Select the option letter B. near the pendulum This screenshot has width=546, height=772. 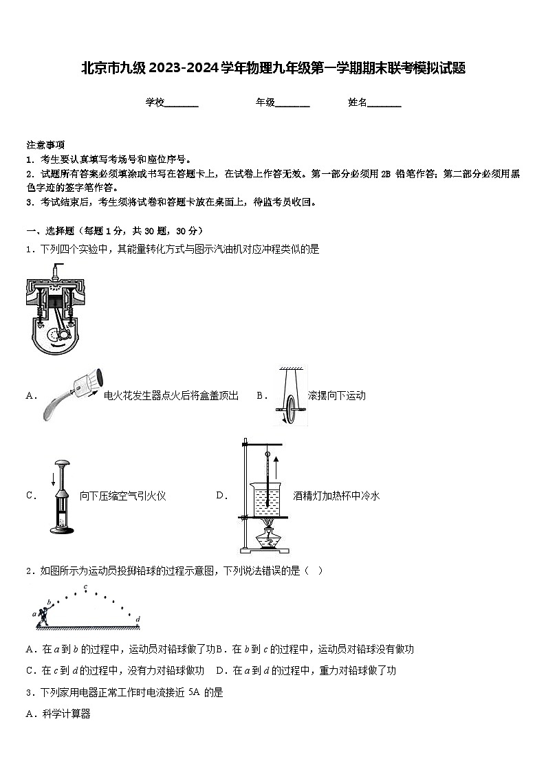coord(261,395)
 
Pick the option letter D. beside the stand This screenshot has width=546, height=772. coord(221,496)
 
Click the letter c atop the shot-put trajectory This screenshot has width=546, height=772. coord(85,586)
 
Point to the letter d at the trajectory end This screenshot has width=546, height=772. coord(138,619)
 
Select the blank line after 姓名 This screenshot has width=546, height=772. coord(384,103)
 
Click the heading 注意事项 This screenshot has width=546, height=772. coord(45,145)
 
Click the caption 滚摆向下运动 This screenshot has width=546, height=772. coord(337,395)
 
